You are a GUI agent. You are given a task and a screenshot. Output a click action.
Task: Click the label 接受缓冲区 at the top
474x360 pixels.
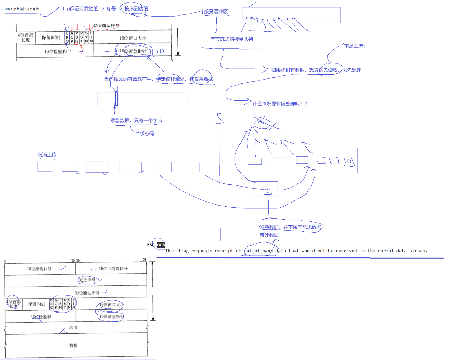tap(216, 11)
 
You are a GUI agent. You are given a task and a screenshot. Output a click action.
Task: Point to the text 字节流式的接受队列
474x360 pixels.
tap(231, 39)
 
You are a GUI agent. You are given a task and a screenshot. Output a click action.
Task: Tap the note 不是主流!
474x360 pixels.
tap(354, 46)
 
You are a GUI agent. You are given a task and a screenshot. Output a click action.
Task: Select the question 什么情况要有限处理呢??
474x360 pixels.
tap(279, 104)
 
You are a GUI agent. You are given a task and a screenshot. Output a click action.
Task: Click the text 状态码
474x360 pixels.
tap(147, 134)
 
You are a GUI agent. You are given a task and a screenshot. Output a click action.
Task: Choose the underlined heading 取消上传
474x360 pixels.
tap(47, 155)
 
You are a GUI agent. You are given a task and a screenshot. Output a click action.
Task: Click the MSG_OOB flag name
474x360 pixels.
tap(156, 245)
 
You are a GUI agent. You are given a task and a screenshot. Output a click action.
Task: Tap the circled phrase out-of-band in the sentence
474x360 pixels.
tap(259, 251)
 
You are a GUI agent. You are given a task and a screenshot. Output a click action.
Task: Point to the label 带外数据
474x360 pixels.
tap(269, 235)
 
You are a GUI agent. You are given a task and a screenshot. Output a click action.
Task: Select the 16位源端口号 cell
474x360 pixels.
tap(39, 269)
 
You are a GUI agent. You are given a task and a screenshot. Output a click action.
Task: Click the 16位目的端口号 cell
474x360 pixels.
tap(113, 269)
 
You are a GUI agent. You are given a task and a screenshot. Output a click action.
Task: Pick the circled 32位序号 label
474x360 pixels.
tap(87, 280)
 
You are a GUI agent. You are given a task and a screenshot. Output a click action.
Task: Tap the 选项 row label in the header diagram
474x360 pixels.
tap(73, 327)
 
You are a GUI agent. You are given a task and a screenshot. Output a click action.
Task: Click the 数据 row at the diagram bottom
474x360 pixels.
tap(73, 345)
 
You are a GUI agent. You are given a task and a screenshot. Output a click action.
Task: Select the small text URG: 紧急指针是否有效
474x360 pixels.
tap(22, 9)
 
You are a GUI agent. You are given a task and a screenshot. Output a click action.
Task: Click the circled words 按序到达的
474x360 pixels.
tap(136, 9)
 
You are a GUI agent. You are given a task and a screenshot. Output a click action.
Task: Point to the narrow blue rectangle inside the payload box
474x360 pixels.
tap(116, 99)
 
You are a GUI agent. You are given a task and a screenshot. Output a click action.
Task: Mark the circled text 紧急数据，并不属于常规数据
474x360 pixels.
tap(291, 227)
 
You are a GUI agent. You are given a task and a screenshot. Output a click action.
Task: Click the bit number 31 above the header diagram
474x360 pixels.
tap(144, 259)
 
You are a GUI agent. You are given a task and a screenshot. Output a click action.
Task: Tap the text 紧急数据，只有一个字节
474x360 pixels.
tap(136, 120)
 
